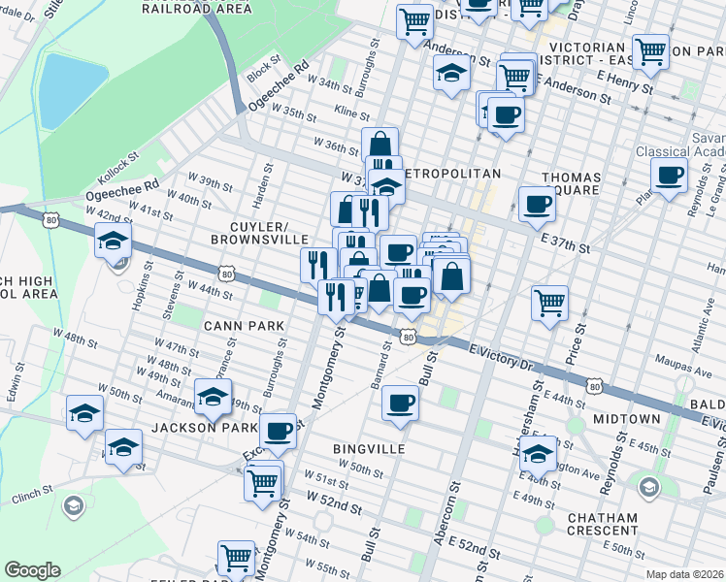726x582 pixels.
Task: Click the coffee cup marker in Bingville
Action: coord(398,403)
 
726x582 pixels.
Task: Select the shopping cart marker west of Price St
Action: coord(549,302)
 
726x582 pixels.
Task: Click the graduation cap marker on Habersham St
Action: coord(538,452)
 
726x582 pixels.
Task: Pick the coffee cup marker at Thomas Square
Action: coord(537,203)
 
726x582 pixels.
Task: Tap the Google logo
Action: coord(32,570)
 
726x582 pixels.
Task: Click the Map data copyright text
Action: coord(685,574)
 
